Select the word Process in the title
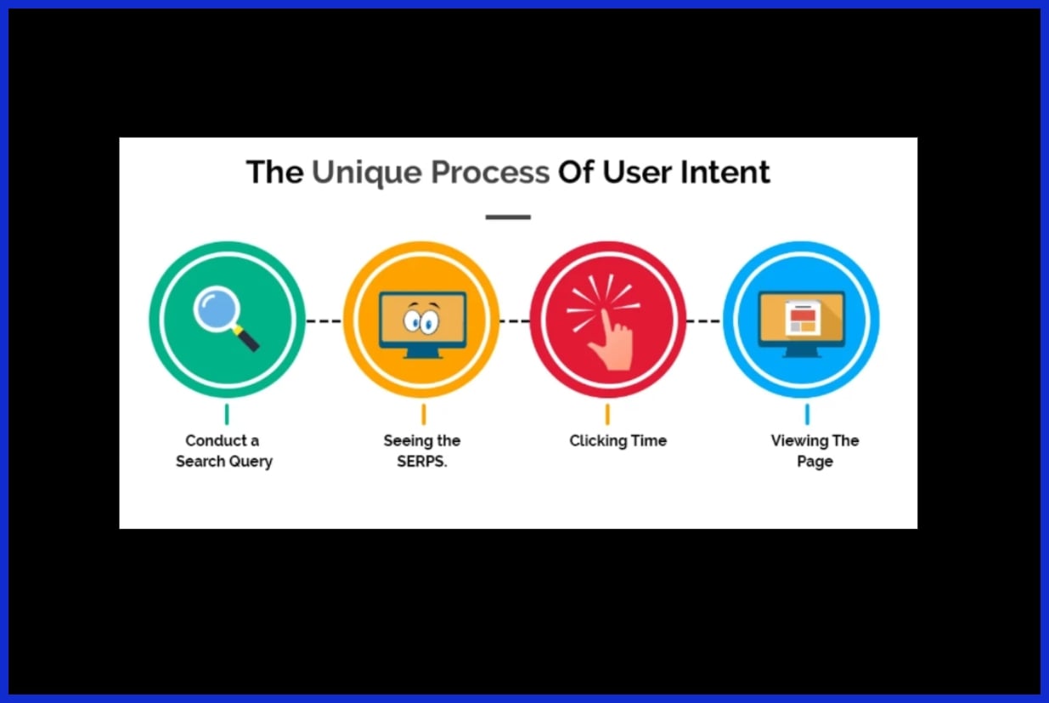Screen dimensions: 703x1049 tap(489, 173)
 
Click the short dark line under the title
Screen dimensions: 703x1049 tap(508, 217)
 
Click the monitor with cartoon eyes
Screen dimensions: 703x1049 tap(422, 324)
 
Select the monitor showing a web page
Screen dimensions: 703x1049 tap(801, 323)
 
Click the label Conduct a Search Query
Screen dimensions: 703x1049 tap(223, 451)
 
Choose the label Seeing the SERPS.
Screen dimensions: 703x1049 tap(421, 451)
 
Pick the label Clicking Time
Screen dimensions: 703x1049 tap(618, 441)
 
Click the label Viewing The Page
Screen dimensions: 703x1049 tap(815, 451)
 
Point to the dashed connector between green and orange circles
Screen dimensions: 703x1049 tap(324, 320)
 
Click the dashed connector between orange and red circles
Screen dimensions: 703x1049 tap(515, 320)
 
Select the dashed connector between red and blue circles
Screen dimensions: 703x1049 tap(704, 320)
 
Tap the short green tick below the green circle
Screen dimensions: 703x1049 tap(227, 414)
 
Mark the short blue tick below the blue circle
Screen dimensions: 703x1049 tap(807, 414)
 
